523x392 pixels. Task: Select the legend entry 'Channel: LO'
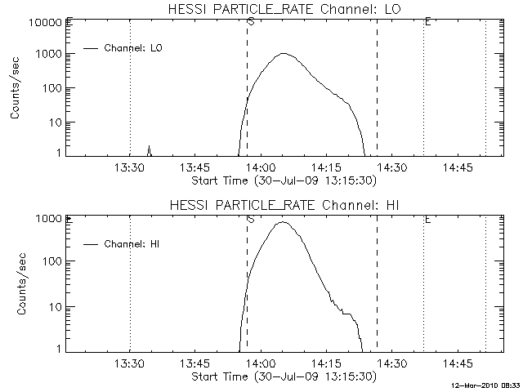click(134, 48)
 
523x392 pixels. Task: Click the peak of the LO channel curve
click(284, 54)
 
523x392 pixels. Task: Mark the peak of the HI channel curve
click(283, 221)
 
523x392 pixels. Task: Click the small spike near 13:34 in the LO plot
click(149, 148)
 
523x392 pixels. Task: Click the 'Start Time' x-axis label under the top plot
click(283, 180)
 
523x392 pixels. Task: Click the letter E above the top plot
click(427, 20)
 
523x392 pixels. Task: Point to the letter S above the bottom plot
click(250, 218)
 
